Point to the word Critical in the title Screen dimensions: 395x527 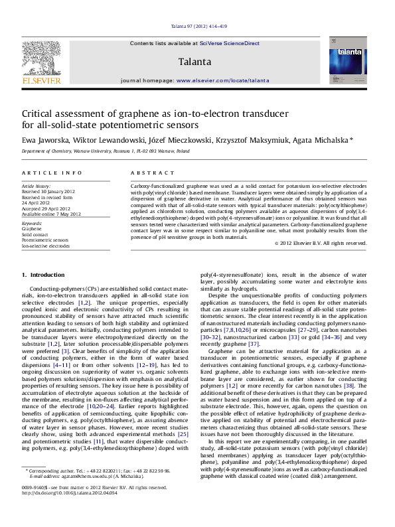(39, 113)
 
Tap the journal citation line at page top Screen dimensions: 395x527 (197, 26)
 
